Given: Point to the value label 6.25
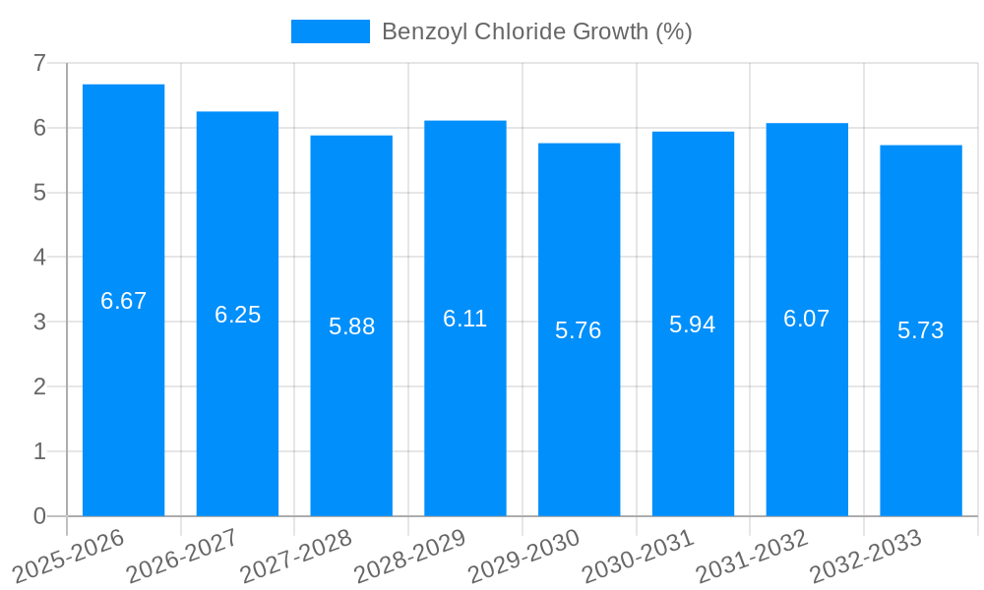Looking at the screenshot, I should (237, 315).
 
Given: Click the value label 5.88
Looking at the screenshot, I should (351, 326).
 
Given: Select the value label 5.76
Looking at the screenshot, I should (579, 330).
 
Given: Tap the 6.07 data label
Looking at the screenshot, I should (807, 319).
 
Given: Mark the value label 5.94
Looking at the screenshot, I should (693, 324).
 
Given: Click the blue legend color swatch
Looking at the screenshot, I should (331, 31).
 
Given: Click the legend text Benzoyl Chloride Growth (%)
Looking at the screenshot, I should (537, 31).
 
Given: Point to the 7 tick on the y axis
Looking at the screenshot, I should (39, 63).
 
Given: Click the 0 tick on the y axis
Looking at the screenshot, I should (39, 516).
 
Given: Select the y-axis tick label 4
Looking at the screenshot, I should (39, 258).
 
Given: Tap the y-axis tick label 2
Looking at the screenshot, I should (39, 386).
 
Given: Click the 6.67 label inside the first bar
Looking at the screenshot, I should (123, 301).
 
